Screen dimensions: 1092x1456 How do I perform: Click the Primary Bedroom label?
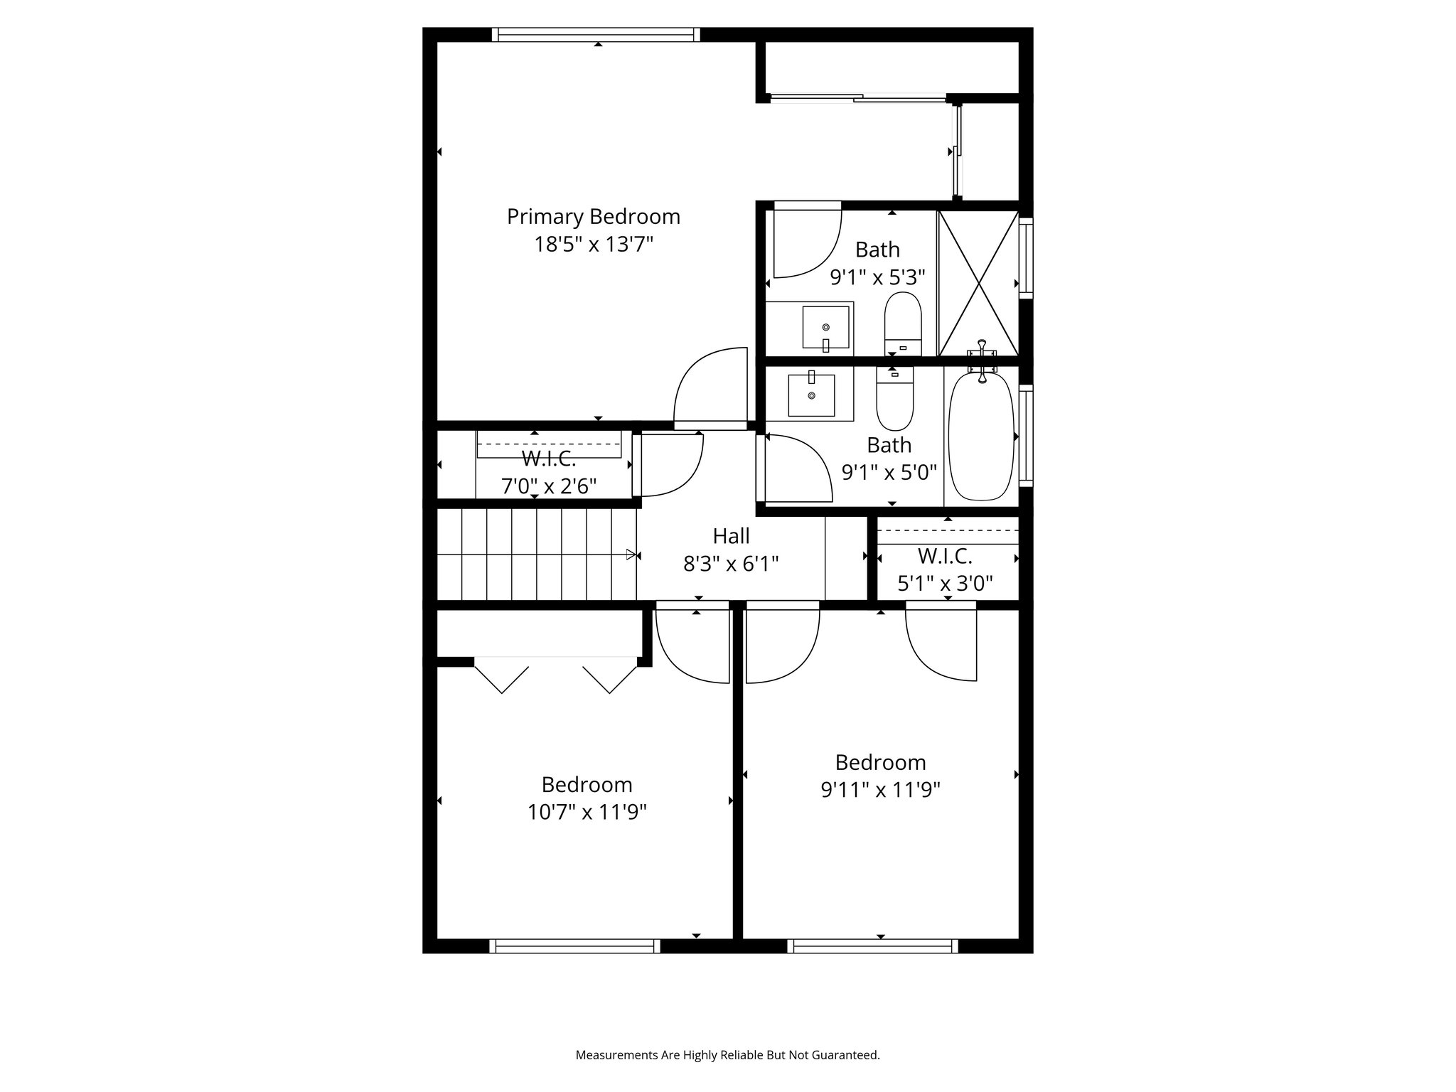pos(593,216)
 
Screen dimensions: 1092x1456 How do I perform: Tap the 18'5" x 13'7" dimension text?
pos(593,245)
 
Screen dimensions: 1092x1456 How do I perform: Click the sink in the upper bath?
pos(825,328)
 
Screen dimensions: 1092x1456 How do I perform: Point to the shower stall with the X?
pos(978,282)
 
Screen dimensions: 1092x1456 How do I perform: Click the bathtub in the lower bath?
pos(981,437)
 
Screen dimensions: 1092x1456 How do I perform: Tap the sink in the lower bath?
pos(811,395)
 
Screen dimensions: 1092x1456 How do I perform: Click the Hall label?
pos(731,535)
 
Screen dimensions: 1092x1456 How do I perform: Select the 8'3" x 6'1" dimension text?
pos(731,564)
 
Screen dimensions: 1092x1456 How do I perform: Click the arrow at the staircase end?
pos(631,555)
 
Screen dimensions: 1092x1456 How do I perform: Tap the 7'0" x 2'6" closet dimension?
pos(549,487)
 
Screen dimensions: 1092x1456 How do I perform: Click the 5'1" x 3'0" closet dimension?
pos(945,584)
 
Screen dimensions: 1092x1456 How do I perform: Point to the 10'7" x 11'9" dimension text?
pos(587,812)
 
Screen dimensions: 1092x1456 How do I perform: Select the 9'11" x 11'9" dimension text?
pos(880,790)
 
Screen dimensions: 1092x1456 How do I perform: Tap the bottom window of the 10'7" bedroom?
pos(574,946)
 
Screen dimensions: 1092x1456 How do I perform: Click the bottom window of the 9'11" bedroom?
pos(872,946)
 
